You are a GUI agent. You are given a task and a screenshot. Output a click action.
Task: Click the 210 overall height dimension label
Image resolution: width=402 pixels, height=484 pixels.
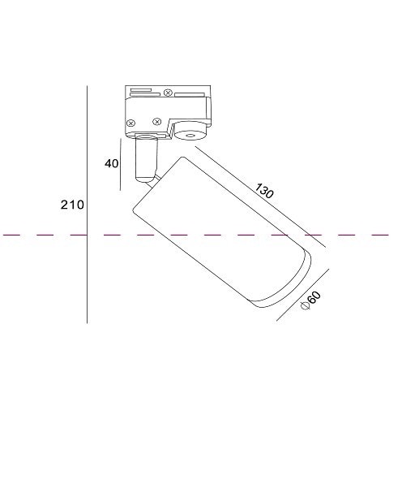tap(72, 205)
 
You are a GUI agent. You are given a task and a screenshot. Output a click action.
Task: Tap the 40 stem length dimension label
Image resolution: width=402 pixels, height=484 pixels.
tap(111, 163)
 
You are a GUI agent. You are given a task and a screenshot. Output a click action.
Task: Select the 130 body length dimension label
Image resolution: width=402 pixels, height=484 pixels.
tap(264, 191)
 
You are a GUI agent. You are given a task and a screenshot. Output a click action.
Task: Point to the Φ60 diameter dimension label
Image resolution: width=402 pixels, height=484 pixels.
tap(310, 300)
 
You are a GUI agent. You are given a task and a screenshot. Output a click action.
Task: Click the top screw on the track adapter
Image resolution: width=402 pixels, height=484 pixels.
tap(168, 93)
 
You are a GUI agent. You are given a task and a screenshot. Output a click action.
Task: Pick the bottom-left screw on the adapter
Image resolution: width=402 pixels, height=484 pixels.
tap(131, 123)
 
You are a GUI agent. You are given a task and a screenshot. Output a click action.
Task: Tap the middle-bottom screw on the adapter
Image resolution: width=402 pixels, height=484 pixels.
tap(157, 122)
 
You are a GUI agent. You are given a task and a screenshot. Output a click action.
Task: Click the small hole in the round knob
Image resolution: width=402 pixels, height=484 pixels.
tap(190, 136)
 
